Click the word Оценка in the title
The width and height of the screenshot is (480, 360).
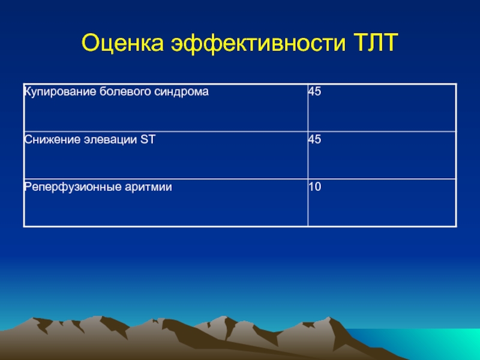(x=123, y=43)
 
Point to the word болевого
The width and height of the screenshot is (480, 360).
(x=125, y=91)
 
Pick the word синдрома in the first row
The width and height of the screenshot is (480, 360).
(x=182, y=92)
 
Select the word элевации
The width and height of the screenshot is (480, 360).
(x=110, y=140)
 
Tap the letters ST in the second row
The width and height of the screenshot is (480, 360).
(x=148, y=139)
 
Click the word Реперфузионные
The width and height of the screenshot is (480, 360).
(x=73, y=187)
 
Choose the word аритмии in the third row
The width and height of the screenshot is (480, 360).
(x=148, y=187)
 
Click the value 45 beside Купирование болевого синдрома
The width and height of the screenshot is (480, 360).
(x=314, y=91)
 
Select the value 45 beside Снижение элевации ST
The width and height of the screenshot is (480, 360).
(x=314, y=139)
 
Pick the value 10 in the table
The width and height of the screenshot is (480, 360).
(x=314, y=187)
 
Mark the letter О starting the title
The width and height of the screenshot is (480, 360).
(x=92, y=42)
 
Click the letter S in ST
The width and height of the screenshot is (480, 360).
(x=144, y=139)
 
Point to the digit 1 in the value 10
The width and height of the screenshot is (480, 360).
(x=311, y=187)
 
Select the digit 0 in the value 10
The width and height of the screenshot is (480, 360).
(x=318, y=187)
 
